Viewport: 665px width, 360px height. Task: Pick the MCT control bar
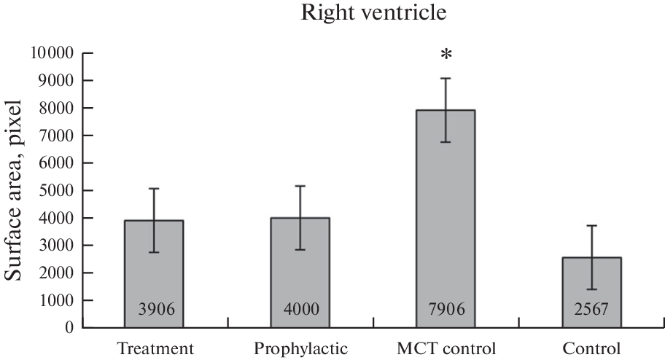[446, 219]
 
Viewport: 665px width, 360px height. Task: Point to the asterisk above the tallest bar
[446, 56]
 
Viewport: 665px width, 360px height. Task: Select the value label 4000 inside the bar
[300, 310]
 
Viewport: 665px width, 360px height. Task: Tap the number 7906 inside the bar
[446, 310]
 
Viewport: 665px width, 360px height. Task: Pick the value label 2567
[591, 310]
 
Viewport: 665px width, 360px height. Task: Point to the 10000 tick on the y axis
[52, 53]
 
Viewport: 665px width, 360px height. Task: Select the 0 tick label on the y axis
[70, 328]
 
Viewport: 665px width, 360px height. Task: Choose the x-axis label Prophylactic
[300, 348]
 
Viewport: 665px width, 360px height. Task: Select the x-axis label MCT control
[446, 348]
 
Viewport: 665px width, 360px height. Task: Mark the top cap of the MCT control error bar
[446, 78]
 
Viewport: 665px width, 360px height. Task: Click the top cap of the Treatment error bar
[154, 189]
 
